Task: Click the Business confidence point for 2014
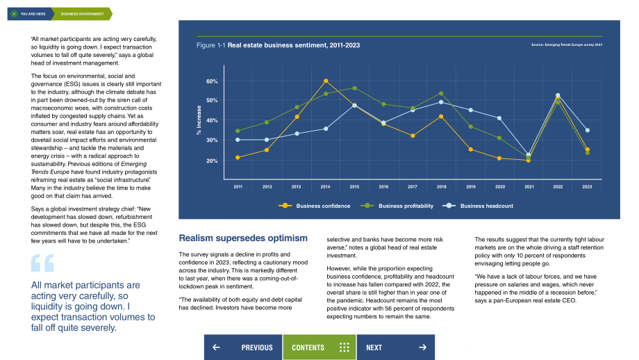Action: point(326,81)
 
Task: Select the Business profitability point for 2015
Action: point(354,88)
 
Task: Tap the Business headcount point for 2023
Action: point(587,131)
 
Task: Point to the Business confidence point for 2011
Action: point(238,157)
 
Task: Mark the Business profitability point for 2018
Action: point(441,94)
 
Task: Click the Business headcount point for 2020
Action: point(499,118)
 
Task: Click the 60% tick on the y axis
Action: point(212,81)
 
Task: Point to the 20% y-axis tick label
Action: point(212,161)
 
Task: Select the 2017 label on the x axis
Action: point(413,187)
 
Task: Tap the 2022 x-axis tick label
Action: point(558,187)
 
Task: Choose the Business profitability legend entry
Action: point(397,206)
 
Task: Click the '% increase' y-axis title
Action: point(199,120)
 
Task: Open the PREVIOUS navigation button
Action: point(243,347)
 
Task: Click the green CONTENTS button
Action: point(319,347)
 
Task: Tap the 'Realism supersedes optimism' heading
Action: point(243,238)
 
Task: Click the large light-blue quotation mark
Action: point(42,263)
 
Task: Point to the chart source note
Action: point(567,45)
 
